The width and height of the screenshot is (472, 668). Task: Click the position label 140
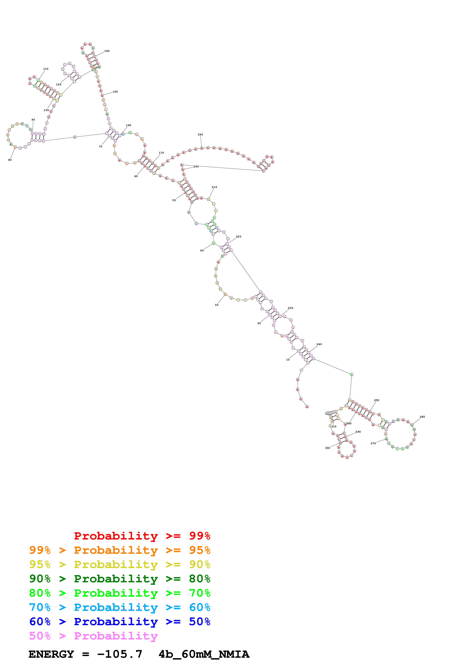[x=107, y=51]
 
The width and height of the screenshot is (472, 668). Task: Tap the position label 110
[x=46, y=69]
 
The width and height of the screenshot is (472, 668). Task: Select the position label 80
[x=10, y=160]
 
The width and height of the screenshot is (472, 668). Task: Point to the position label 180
[x=200, y=134]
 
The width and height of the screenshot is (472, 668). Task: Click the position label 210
[x=214, y=187]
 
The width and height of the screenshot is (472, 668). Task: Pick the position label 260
[x=422, y=417]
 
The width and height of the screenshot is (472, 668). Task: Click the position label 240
[x=319, y=344]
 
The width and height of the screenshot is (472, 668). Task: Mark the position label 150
[x=115, y=92]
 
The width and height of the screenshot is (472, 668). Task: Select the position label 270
[x=373, y=443]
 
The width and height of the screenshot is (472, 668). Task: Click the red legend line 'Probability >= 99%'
[x=142, y=536]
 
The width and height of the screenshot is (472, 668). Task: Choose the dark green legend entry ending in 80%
[x=120, y=579]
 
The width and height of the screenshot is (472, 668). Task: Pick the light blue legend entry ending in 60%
[x=120, y=607]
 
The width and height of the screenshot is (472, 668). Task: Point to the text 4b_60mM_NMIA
[x=204, y=654]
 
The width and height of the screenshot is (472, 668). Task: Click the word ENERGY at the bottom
[x=51, y=654]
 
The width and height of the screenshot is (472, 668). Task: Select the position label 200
[x=196, y=166]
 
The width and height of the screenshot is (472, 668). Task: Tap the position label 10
[x=288, y=360]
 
